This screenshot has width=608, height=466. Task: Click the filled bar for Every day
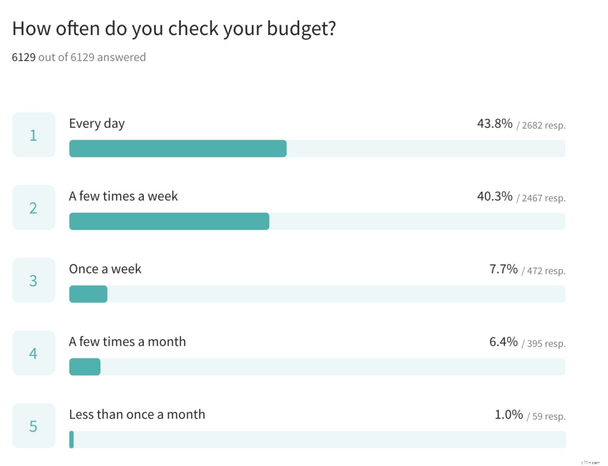pyautogui.click(x=178, y=148)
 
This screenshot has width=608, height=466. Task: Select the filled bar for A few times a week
pyautogui.click(x=169, y=221)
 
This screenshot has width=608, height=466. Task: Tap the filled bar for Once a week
pyautogui.click(x=88, y=294)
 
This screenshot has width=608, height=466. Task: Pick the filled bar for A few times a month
pyautogui.click(x=84, y=367)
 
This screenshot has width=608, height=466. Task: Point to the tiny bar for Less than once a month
pyautogui.click(x=71, y=439)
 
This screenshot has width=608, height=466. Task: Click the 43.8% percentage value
pyautogui.click(x=495, y=123)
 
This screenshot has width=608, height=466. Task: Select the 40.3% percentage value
pyautogui.click(x=495, y=196)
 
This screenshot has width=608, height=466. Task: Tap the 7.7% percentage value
pyautogui.click(x=503, y=269)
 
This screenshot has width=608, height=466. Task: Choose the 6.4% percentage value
pyautogui.click(x=503, y=342)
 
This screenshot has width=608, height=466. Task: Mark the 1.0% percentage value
pyautogui.click(x=509, y=414)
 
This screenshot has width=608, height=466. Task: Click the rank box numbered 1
pyautogui.click(x=33, y=135)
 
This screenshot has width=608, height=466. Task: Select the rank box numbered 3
pyautogui.click(x=33, y=280)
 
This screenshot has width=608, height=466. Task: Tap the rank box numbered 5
pyautogui.click(x=33, y=426)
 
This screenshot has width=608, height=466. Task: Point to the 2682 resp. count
pyautogui.click(x=543, y=125)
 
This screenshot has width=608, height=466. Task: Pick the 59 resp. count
pyautogui.click(x=549, y=416)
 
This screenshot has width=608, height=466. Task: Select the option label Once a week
pyautogui.click(x=105, y=269)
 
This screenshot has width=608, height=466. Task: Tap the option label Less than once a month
pyautogui.click(x=137, y=414)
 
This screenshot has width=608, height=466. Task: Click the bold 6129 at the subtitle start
pyautogui.click(x=24, y=58)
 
